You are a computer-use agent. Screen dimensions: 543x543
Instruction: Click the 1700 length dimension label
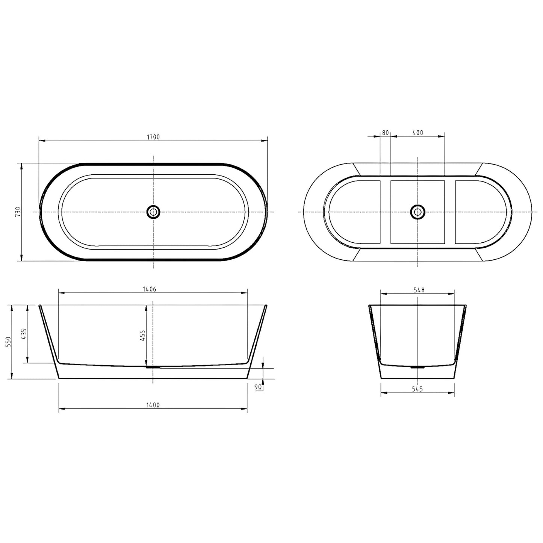(x=153, y=137)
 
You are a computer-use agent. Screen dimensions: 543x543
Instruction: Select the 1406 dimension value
(x=149, y=289)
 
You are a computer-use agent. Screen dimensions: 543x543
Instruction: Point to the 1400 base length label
(x=153, y=405)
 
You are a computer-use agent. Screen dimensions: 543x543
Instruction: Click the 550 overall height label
(x=9, y=342)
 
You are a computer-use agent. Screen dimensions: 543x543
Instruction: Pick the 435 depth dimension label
(x=24, y=334)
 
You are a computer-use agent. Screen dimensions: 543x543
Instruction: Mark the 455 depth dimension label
(x=143, y=335)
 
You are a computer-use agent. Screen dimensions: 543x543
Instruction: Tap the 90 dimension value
(x=258, y=387)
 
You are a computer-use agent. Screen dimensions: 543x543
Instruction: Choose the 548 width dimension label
(x=419, y=290)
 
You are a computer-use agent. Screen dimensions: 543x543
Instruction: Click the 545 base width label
(x=417, y=389)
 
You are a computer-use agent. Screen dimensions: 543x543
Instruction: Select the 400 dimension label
(x=417, y=133)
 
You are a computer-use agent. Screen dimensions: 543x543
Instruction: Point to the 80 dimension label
(x=385, y=133)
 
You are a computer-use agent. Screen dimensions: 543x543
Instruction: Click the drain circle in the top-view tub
(x=153, y=212)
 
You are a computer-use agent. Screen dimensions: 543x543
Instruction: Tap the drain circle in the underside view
(x=417, y=212)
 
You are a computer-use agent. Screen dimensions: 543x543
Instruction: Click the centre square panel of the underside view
(x=417, y=229)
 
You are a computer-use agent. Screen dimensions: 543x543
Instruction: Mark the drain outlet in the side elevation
(x=153, y=367)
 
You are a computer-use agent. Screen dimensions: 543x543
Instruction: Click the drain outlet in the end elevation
(x=417, y=367)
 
